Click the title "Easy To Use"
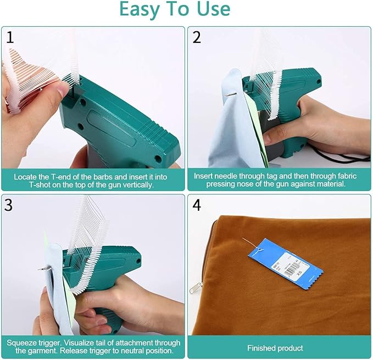click(175, 9)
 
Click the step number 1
click(10, 37)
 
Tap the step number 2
click(197, 37)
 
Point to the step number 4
click(197, 205)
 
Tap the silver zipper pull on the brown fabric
click(196, 288)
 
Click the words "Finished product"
click(275, 348)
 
